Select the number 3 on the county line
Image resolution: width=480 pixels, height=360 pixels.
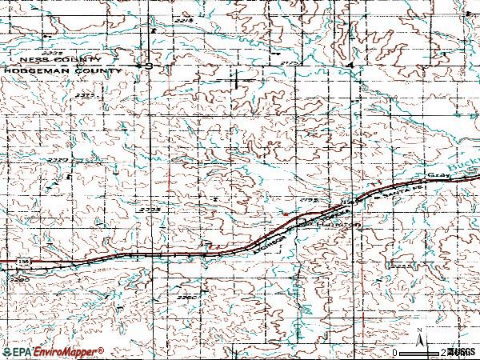point(149,66)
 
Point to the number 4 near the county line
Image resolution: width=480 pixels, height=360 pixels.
point(350,64)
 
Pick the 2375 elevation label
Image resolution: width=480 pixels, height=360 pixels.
point(86,95)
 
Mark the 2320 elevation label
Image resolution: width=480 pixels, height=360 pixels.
point(57,161)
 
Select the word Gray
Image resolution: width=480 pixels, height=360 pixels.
point(435,173)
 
